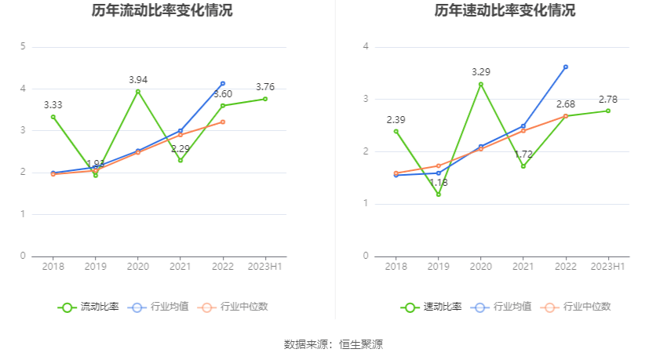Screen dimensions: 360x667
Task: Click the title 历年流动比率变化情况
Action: point(162,11)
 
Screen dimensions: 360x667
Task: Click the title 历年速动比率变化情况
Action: point(505,11)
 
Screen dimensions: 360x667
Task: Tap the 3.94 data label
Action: point(138,79)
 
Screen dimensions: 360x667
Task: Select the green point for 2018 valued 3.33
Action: point(53,117)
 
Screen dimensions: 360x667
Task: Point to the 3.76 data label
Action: point(265,87)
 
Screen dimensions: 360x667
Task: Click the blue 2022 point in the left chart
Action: point(223,83)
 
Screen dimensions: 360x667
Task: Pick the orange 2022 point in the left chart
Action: point(223,122)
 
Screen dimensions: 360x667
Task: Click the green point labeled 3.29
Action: point(481,84)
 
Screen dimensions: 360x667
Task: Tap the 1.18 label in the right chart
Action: point(439,183)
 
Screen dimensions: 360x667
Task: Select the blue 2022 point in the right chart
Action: point(566,67)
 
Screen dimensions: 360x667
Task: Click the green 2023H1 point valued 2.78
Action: point(608,111)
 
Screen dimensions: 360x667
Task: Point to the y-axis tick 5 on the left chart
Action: point(24,47)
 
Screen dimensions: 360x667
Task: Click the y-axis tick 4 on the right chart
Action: point(366,47)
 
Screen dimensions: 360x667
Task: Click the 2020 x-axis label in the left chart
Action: point(138,267)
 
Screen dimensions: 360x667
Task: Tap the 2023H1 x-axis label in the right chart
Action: point(608,267)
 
